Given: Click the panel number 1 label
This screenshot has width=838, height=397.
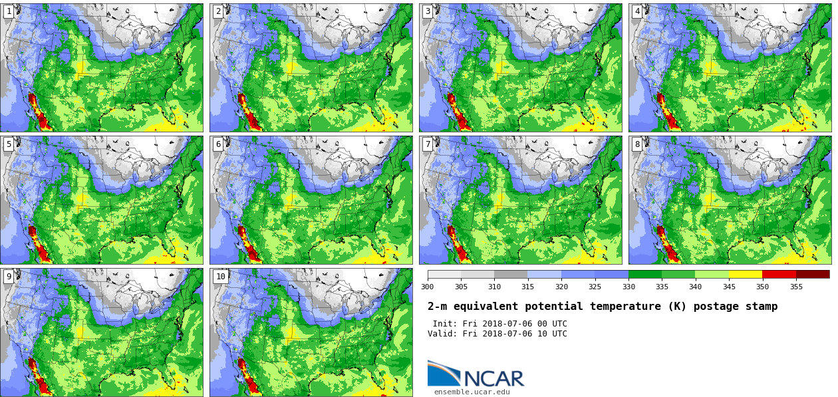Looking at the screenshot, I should (x=9, y=11).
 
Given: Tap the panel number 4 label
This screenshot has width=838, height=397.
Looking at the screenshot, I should (x=637, y=11).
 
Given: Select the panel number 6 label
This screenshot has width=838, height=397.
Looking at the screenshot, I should (x=218, y=144).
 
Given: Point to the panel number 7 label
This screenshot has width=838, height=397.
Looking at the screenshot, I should (x=428, y=144).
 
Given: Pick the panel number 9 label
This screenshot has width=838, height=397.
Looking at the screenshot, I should (x=9, y=277).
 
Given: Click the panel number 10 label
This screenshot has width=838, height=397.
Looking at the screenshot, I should (x=220, y=277).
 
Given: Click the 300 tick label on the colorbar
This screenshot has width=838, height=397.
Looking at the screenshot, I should (x=427, y=287).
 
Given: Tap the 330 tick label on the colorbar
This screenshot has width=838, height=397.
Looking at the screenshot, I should (x=628, y=287).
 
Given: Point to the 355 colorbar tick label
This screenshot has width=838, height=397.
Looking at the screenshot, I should (x=796, y=287).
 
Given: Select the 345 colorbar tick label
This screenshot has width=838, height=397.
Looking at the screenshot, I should (x=729, y=287).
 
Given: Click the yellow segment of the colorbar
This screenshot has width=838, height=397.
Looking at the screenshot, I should (x=746, y=274).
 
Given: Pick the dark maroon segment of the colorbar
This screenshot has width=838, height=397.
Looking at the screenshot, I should (x=813, y=274).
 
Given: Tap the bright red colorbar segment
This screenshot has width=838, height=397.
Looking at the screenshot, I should (x=779, y=274).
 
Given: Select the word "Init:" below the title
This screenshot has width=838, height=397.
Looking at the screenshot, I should (x=445, y=324).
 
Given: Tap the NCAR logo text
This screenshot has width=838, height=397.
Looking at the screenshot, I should (x=493, y=378).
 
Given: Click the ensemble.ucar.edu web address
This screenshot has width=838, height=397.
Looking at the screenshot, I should (x=472, y=392).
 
